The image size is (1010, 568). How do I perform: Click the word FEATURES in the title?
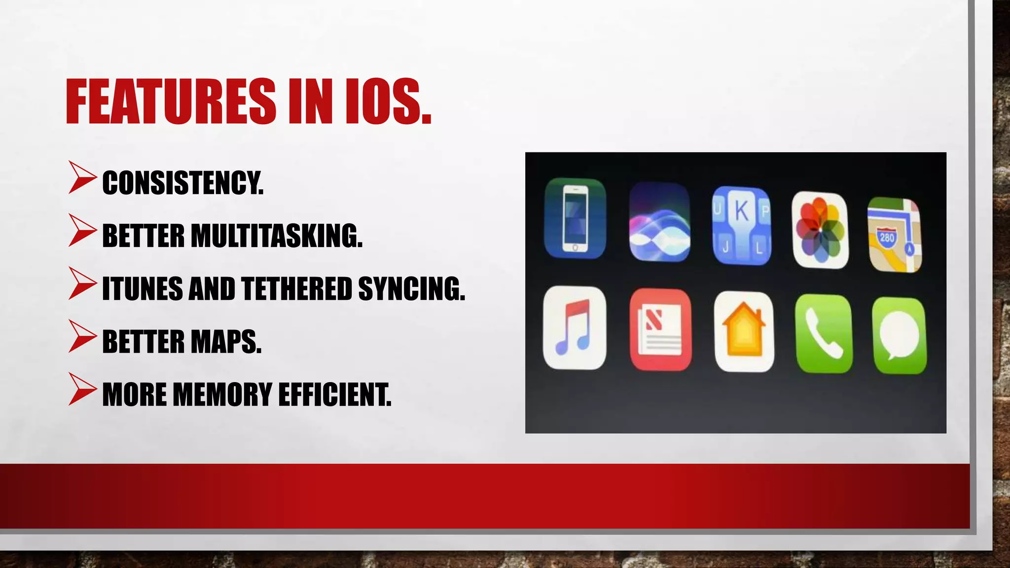171,102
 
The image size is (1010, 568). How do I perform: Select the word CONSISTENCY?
182,183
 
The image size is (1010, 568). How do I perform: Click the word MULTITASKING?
276,236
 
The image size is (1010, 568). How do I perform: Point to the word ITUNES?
142,288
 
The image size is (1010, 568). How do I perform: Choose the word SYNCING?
411,288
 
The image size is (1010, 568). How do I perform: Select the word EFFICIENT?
335,394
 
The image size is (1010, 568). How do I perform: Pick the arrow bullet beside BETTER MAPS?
82,336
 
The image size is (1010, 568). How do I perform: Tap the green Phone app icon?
823,334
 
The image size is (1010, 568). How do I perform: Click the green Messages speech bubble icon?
899,335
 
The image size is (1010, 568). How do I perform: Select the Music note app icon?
574,328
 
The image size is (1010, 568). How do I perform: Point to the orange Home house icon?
744,331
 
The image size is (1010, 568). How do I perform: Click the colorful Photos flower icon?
820,230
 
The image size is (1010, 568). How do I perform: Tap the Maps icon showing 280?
894,235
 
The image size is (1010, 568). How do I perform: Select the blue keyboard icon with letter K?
741,225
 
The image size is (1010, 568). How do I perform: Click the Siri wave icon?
659,221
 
